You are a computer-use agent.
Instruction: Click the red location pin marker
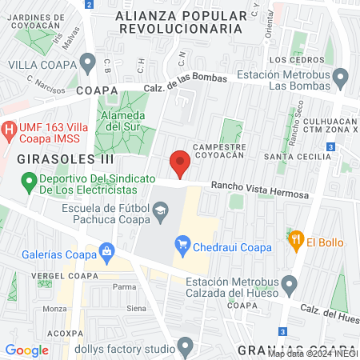click(180, 162)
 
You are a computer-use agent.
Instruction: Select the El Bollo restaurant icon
click(295, 238)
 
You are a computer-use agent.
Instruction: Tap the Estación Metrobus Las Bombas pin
click(341, 78)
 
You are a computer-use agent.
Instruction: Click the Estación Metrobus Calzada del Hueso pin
click(290, 284)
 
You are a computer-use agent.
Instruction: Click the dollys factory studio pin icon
click(186, 348)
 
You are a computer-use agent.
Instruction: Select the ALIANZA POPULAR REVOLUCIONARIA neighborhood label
click(180, 22)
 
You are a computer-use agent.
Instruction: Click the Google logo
click(27, 350)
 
